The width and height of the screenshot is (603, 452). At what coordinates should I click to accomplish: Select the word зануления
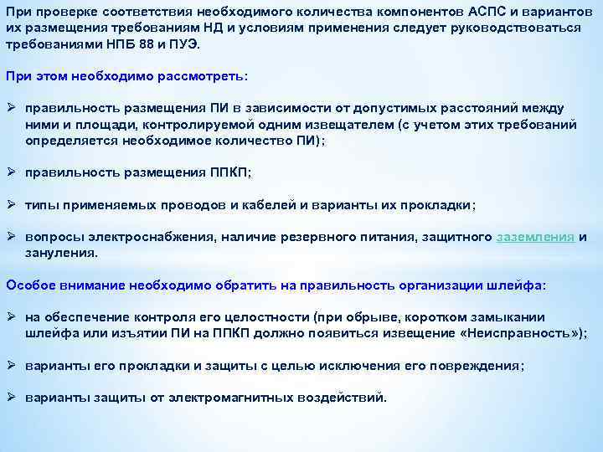pos(61,252)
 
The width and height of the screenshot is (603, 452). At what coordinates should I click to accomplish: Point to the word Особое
pos(28,285)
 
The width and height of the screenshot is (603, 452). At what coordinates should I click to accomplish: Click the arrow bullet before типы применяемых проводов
pos(12,205)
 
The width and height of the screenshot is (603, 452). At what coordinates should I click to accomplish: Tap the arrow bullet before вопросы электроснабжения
pos(12,237)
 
